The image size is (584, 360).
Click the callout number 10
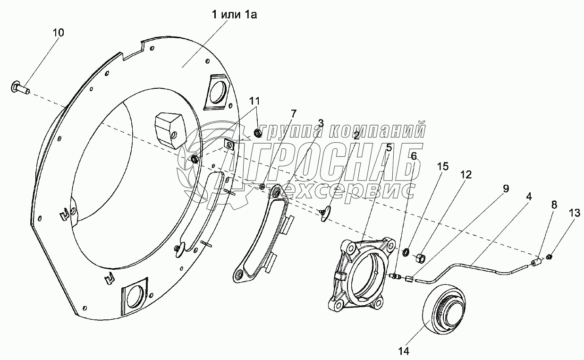click(x=59, y=33)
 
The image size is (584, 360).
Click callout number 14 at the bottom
click(x=403, y=351)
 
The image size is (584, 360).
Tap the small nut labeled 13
click(x=550, y=257)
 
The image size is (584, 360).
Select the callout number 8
click(x=554, y=205)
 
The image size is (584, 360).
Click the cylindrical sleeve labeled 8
click(x=537, y=263)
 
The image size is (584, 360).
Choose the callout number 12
click(x=466, y=175)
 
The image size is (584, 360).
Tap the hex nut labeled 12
click(x=419, y=258)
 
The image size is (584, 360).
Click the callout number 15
click(x=442, y=167)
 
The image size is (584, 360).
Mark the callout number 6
click(x=414, y=156)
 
